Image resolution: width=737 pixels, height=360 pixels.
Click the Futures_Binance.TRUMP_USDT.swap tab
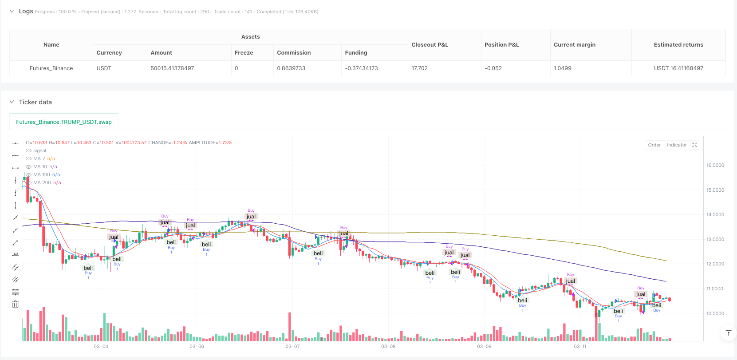64,122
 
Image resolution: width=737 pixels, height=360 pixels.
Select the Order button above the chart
654,145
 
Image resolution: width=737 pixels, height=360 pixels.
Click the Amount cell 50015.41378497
172,68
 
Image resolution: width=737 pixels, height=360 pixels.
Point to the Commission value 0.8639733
291,68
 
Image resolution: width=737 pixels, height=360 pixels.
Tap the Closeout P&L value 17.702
420,68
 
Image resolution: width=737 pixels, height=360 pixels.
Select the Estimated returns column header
678,45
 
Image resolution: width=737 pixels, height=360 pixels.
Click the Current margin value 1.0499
563,68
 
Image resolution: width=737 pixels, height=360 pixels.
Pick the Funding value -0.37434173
362,68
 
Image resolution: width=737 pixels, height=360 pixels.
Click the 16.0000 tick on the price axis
715,165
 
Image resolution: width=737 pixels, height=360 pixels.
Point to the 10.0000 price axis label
715,313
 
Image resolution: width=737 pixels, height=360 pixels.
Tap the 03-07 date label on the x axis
292,347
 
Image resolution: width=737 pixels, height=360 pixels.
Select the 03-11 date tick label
580,347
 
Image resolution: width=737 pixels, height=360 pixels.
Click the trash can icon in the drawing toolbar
16,305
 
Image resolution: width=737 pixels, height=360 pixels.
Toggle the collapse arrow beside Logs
12,12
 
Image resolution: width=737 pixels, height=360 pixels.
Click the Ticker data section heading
35,102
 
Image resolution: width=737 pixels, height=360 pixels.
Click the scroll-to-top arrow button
728,333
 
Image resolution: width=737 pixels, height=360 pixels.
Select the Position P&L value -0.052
493,68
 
